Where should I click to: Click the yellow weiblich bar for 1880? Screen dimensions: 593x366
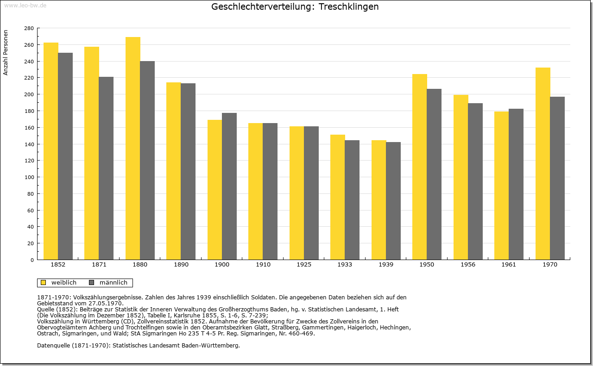coord(133,149)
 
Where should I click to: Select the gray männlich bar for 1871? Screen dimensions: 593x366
coord(106,168)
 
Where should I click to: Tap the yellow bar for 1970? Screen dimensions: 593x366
coord(543,164)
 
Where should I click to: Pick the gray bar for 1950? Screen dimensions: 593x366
coord(434,174)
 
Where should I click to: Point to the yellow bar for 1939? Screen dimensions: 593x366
coord(379,200)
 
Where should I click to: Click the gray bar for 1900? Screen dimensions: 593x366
coord(229,186)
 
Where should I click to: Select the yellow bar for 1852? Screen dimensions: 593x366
coord(51,151)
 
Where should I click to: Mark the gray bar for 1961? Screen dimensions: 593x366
coord(516,184)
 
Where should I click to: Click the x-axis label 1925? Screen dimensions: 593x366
coord(304,265)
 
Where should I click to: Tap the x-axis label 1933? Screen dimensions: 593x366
coord(345,265)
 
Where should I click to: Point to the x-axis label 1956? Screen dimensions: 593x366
coord(468,265)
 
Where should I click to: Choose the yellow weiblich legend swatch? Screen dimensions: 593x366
coord(43,283)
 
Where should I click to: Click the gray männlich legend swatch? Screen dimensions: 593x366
coord(91,283)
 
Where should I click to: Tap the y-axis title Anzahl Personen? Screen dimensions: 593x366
coord(6,53)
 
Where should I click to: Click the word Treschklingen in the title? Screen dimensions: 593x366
coord(348,6)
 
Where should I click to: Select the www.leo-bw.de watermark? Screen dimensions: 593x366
coord(25,6)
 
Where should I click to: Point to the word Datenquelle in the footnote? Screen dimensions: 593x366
coord(53,346)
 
